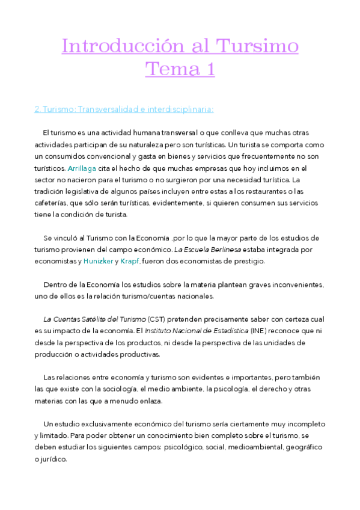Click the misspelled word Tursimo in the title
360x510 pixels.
(257, 46)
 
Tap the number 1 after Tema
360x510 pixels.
(209, 70)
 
